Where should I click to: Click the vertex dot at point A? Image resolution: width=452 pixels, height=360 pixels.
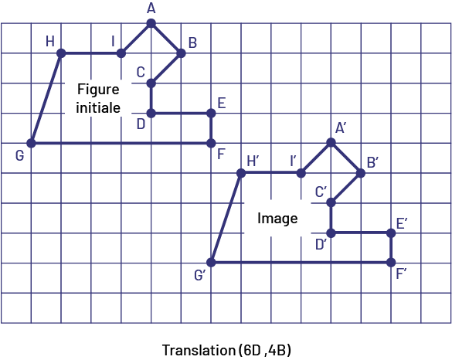[x=151, y=23]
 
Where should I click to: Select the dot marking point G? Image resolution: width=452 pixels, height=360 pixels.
[x=31, y=143]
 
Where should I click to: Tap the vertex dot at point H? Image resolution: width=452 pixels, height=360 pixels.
[x=61, y=53]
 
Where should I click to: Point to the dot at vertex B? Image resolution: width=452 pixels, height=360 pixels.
[x=181, y=53]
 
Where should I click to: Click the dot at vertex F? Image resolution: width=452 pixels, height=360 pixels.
[x=211, y=143]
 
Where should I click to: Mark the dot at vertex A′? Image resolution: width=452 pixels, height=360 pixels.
[x=331, y=142]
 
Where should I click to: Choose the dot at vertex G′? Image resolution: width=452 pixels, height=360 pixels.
[x=211, y=263]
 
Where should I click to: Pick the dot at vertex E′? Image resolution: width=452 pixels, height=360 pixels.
[x=391, y=233]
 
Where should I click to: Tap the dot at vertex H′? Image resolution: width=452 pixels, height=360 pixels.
[x=241, y=173]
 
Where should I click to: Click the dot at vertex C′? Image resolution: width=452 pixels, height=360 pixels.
[x=331, y=202]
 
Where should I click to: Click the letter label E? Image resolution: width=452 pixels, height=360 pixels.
[x=222, y=104]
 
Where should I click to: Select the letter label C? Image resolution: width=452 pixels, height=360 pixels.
[x=141, y=72]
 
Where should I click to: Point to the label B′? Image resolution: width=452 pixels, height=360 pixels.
[x=372, y=163]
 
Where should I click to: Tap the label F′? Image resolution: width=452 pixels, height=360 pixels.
[x=401, y=273]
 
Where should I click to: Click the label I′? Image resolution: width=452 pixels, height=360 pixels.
[x=293, y=161]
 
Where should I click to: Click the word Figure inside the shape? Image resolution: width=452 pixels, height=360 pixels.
[x=98, y=90]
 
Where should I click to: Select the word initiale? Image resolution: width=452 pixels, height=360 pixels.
[x=98, y=107]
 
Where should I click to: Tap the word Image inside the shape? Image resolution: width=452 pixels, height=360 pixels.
[x=277, y=219]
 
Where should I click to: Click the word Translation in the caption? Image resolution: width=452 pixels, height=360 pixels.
[x=199, y=350]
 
